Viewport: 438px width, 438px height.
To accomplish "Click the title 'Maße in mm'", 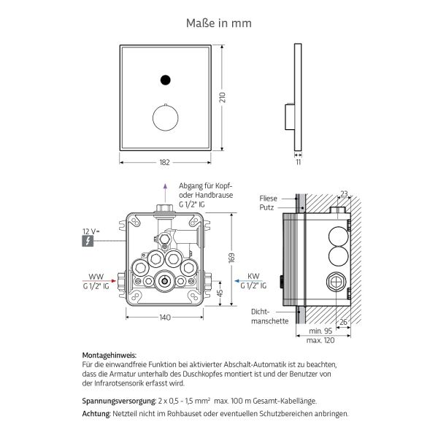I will [218, 23].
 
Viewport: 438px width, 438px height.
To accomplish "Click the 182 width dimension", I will [165, 162].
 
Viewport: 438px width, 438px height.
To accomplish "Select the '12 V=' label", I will [90, 231].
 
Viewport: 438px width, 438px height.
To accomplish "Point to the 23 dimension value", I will [344, 194].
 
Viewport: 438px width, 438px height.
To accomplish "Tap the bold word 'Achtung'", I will [96, 413].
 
